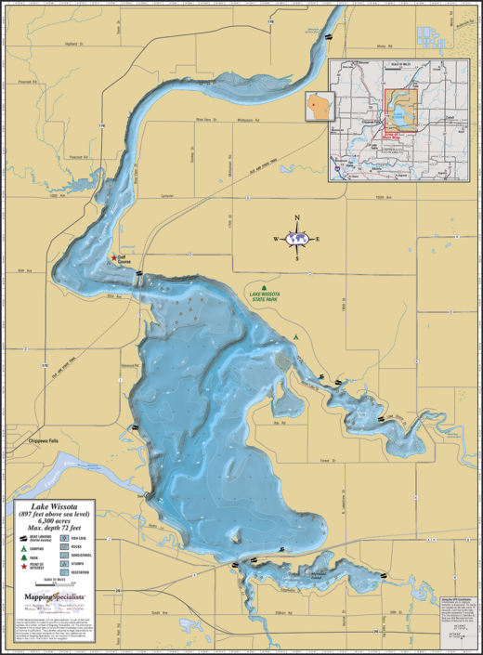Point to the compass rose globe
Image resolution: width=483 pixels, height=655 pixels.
[x=297, y=239]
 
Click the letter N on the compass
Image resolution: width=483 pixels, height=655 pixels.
[x=297, y=219]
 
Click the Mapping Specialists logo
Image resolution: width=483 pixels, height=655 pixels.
[x=54, y=595]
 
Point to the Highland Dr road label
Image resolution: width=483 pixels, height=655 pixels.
[x=73, y=42]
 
